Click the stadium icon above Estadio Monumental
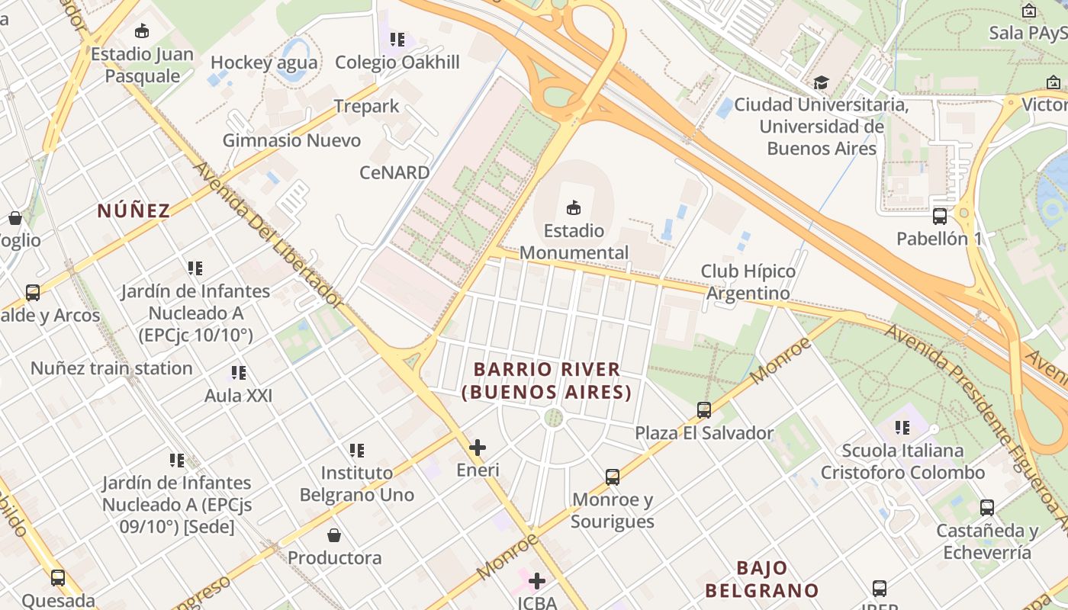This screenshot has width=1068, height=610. point(574,207)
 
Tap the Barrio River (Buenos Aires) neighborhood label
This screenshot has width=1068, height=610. point(547,380)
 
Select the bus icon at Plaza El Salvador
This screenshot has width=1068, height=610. point(704,410)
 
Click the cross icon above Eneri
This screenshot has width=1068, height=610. point(478,448)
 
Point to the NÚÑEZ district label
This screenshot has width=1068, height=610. point(133,211)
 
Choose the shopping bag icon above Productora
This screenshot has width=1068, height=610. point(334,535)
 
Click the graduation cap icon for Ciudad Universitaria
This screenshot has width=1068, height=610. point(821,82)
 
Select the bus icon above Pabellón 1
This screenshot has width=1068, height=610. point(940,216)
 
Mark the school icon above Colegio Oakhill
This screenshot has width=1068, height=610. point(397,39)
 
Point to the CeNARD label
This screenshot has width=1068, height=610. point(395,172)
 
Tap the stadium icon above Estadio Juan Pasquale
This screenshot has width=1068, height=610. point(142,31)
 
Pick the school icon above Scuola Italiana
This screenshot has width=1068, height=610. point(902,428)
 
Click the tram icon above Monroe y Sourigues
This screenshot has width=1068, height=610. point(612,477)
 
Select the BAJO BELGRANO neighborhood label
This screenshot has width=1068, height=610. point(761,579)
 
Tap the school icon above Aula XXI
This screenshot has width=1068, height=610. point(238,373)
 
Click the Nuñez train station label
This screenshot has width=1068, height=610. point(111,368)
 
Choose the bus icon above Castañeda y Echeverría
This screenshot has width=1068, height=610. point(987,507)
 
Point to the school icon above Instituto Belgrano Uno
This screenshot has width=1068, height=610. point(356,451)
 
